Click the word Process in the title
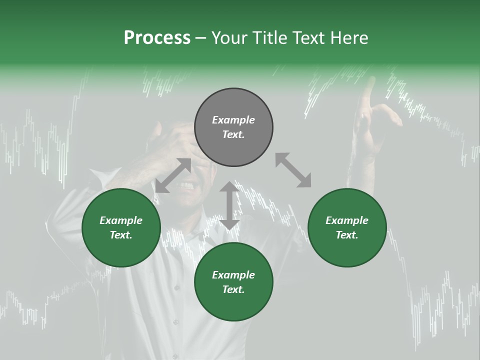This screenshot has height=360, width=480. click(x=157, y=38)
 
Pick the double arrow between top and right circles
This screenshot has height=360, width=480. click(x=293, y=170)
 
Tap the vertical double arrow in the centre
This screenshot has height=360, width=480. click(x=229, y=205)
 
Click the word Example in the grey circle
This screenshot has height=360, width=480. click(x=233, y=120)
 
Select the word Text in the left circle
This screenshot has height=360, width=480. click(x=120, y=235)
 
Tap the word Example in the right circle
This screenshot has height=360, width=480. click(x=347, y=220)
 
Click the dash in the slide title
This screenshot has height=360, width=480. click(x=201, y=38)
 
